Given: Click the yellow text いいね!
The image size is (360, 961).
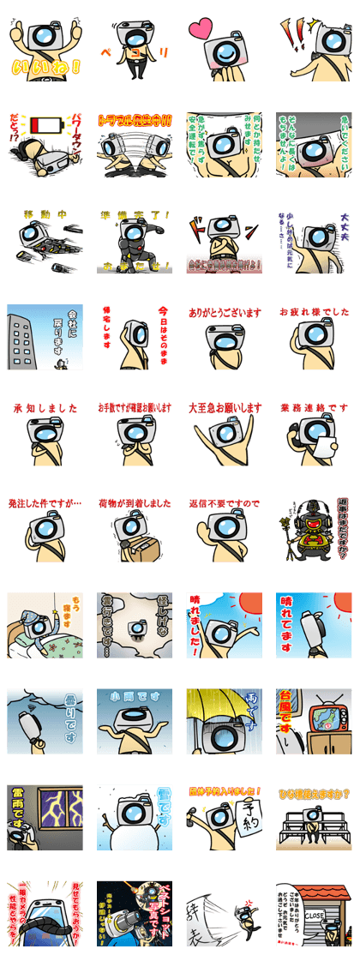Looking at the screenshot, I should coord(45,66).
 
